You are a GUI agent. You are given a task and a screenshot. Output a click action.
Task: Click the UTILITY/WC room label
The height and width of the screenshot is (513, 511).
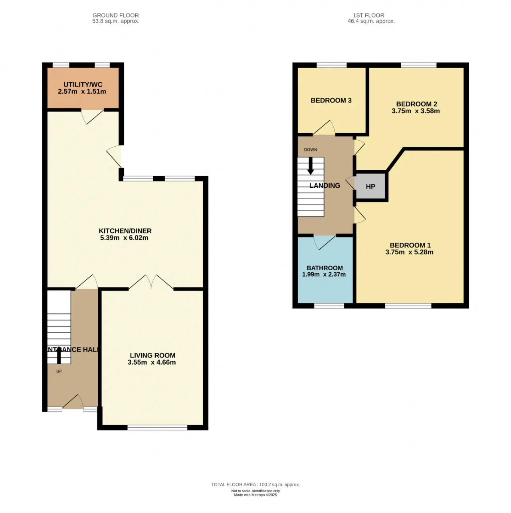[x=83, y=85]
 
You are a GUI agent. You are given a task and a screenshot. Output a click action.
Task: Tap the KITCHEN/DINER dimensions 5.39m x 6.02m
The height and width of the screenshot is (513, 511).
[x=124, y=238]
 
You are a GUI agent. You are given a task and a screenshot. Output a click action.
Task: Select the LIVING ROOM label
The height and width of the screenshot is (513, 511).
[x=153, y=355]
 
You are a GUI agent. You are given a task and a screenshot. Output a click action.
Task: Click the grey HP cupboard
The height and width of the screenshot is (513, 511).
[x=370, y=186]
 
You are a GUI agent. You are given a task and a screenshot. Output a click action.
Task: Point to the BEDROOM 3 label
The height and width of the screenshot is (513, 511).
[x=331, y=100]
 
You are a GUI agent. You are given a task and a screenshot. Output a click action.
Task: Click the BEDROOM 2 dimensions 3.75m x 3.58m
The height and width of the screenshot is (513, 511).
[x=416, y=111]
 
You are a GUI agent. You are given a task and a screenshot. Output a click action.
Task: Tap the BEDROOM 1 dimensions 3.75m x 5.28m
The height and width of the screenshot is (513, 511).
[x=409, y=252]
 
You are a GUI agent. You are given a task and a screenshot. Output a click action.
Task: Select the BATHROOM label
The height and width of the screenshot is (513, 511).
[x=325, y=268]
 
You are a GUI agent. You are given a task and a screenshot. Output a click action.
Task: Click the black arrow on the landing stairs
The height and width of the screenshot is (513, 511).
[x=311, y=167]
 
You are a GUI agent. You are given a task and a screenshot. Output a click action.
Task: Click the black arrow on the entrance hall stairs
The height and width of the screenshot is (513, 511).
[x=59, y=355]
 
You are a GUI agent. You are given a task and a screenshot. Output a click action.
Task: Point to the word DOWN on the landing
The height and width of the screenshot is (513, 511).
[x=311, y=150]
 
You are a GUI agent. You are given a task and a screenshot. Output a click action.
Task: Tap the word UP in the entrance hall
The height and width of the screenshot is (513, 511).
[x=59, y=371]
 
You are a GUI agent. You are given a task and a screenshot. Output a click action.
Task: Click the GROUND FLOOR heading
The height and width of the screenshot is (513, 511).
[x=116, y=15]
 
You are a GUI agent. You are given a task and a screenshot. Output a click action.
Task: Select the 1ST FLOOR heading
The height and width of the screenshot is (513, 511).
[x=368, y=15]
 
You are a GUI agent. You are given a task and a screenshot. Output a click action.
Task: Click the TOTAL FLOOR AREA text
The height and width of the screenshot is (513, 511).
[x=255, y=485]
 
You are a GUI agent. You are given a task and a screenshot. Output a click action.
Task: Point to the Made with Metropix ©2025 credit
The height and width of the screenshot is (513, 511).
[x=255, y=495]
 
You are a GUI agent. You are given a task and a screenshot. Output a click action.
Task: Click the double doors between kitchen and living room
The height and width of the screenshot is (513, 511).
[x=151, y=282]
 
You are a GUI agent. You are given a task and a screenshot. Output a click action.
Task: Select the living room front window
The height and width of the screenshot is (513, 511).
[x=157, y=428]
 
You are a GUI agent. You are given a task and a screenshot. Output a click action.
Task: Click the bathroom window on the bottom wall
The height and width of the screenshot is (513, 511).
[x=329, y=306]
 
